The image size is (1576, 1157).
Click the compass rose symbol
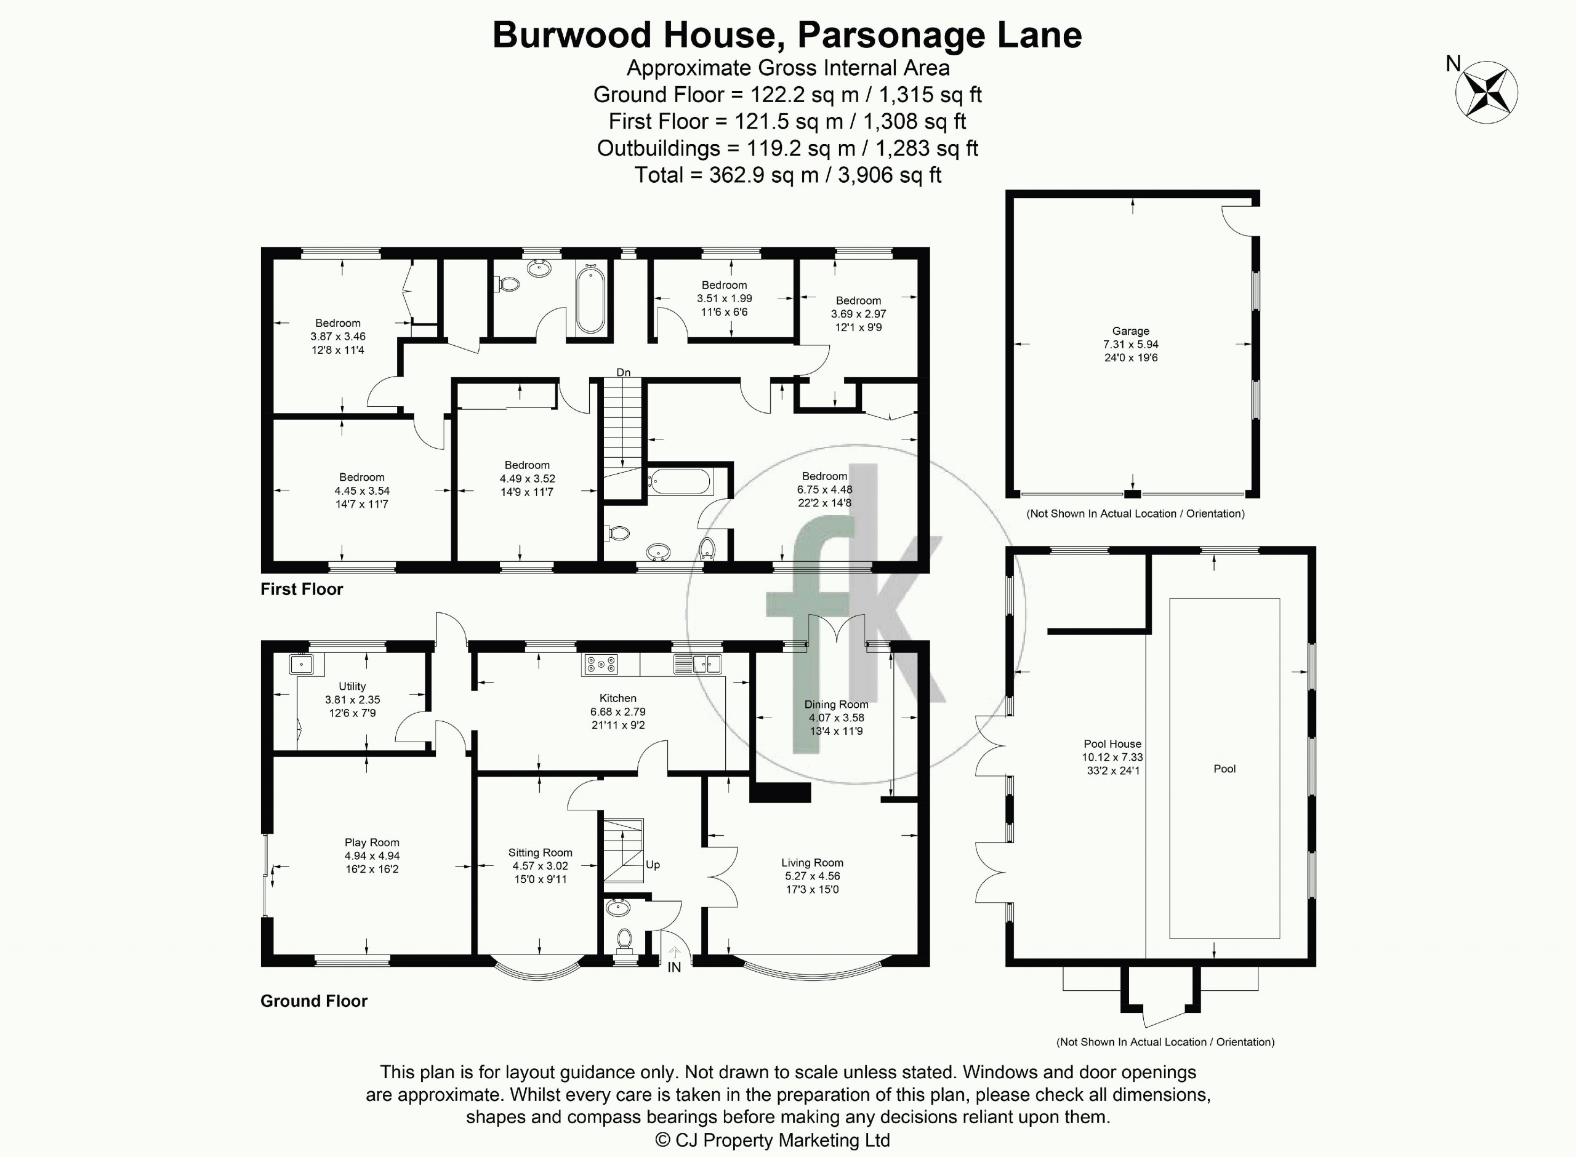coord(1486,92)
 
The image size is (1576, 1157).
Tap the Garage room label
coord(1130,331)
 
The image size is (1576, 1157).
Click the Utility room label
coord(352,686)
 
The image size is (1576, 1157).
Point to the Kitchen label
coord(618,699)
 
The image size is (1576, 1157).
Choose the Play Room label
coord(372,843)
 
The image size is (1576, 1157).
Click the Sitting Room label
coord(540,852)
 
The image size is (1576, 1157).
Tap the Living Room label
coord(813,863)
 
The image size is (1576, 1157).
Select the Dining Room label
coord(837,705)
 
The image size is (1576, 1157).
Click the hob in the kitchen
coord(600,664)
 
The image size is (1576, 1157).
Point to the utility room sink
coord(303,664)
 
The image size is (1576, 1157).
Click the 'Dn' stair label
coord(624,372)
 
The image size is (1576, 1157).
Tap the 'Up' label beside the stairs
coord(653,865)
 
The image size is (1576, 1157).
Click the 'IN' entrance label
coord(674,968)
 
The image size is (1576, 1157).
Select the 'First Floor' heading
coord(302,589)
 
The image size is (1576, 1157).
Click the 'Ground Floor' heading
coord(314,1001)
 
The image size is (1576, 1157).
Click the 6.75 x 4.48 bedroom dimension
coord(824,489)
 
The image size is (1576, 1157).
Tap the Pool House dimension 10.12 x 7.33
coord(1112,757)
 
